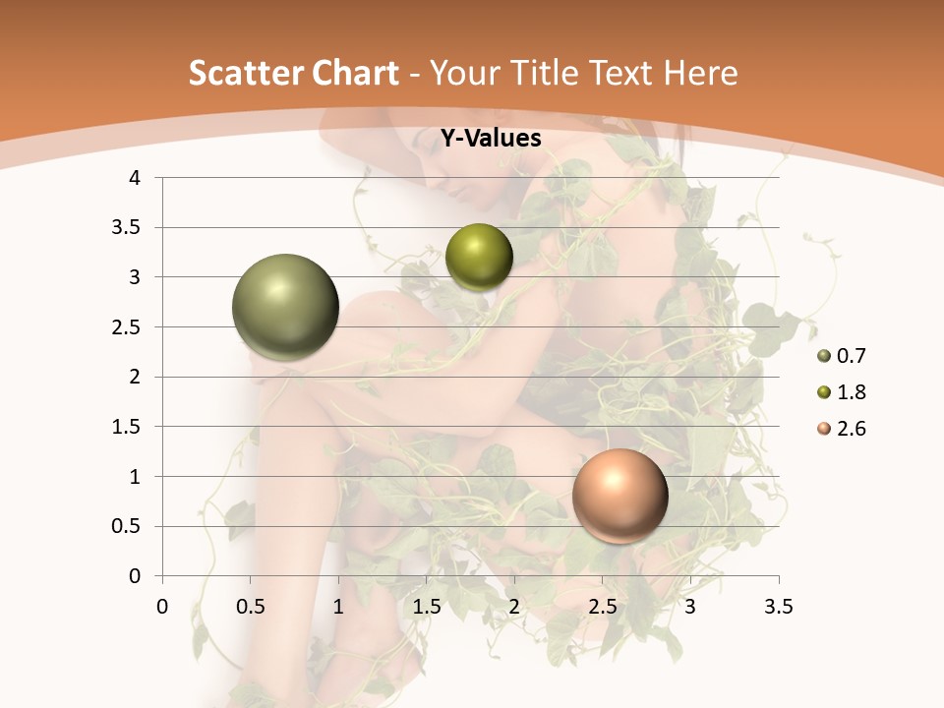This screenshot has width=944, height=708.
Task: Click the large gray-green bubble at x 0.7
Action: (286, 308)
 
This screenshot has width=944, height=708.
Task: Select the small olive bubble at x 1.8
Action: (479, 258)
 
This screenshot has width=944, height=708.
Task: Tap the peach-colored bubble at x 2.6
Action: (619, 496)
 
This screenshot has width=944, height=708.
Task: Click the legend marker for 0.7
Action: (824, 356)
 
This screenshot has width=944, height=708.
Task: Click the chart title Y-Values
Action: (491, 139)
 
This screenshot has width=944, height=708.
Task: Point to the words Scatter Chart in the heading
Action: (294, 73)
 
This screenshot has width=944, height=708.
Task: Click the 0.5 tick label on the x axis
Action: (251, 608)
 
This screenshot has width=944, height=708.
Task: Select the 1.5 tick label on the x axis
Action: (426, 608)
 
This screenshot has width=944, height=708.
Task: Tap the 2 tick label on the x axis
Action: (514, 608)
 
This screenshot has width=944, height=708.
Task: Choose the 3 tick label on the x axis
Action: (690, 608)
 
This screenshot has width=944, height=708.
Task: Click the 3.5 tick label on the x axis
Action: (778, 608)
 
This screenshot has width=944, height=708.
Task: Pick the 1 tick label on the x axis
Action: (338, 608)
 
